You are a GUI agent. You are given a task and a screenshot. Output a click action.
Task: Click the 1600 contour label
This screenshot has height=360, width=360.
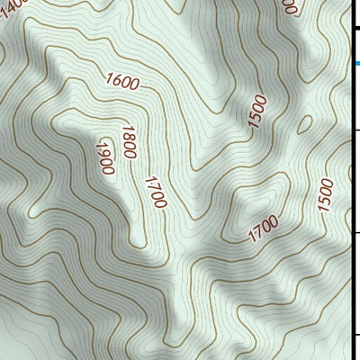point(122,83)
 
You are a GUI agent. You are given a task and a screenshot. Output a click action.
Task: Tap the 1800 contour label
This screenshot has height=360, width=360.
point(128,142)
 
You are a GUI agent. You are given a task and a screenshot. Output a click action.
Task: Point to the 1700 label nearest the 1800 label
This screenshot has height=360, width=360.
point(153,193)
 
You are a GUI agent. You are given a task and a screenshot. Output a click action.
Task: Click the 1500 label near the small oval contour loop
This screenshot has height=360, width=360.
point(259,111)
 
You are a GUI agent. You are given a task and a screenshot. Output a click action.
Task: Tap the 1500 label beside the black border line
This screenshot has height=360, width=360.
point(325,194)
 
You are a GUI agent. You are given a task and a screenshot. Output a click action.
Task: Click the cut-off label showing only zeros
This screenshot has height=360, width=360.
point(288,5)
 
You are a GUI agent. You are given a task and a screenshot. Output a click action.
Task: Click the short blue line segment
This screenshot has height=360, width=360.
point(355,62)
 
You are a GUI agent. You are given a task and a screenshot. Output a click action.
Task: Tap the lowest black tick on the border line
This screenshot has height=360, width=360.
point(355,337)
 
